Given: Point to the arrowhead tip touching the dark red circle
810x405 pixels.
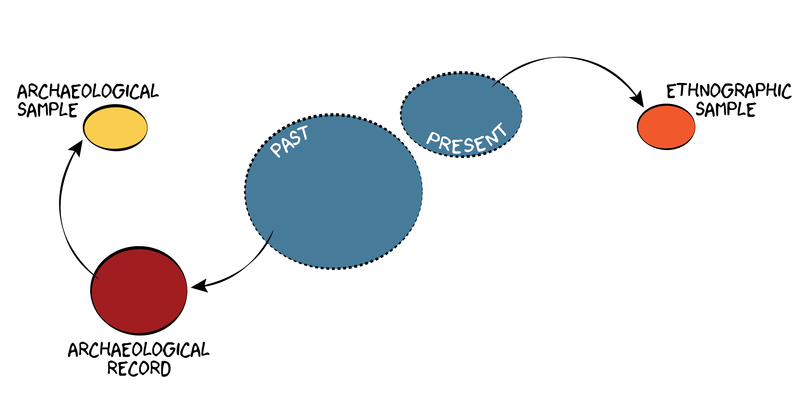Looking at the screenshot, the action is pyautogui.click(x=191, y=287).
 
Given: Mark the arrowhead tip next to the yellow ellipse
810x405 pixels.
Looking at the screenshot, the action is pyautogui.click(x=82, y=141).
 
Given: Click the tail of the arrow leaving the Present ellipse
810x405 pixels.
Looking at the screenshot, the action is pyautogui.click(x=491, y=87).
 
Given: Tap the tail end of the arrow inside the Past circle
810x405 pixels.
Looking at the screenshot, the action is pyautogui.click(x=274, y=230).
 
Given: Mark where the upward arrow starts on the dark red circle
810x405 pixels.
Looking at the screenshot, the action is pyautogui.click(x=99, y=279).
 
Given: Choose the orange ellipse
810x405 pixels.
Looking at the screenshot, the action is pyautogui.click(x=666, y=127).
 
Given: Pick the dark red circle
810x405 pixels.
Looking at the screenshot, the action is pyautogui.click(x=139, y=290).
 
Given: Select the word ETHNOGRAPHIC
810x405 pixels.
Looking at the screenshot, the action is pyautogui.click(x=729, y=91).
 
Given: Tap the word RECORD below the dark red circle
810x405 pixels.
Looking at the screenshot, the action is pyautogui.click(x=139, y=369).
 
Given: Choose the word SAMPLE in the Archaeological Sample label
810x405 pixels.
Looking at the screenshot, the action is pyautogui.click(x=47, y=110).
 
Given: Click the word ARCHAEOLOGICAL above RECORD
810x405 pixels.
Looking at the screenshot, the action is pyautogui.click(x=139, y=350).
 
